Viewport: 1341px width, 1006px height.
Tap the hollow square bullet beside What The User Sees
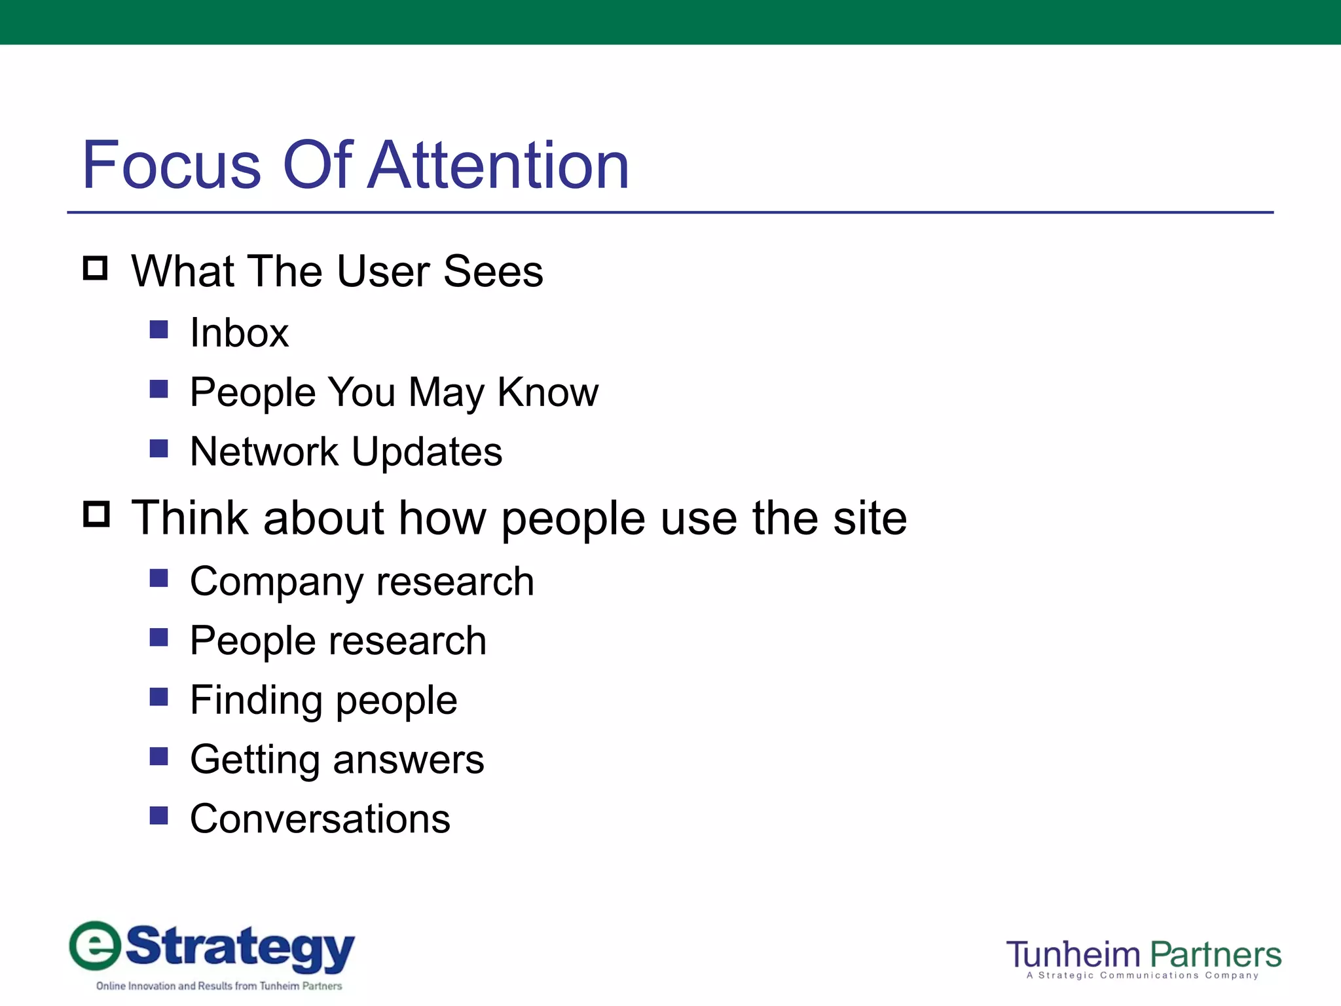coord(96,269)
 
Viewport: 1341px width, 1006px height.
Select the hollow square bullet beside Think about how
coord(96,514)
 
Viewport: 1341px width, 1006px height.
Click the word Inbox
coord(239,333)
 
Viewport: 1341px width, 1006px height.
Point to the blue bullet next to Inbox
coord(159,329)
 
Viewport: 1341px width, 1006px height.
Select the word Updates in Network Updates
coord(426,452)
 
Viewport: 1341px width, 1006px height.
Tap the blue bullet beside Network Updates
coord(159,448)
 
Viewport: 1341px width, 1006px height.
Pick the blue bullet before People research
coord(159,637)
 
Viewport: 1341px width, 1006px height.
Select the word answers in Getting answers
coord(409,760)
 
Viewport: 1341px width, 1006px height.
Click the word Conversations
coord(320,819)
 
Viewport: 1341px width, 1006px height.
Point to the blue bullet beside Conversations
coord(159,815)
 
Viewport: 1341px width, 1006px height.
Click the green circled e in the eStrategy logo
coord(96,946)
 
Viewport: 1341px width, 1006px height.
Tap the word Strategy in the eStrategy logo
coord(240,947)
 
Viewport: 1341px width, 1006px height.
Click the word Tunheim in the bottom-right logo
coord(1073,955)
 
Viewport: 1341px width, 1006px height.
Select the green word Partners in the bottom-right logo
coord(1215,955)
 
